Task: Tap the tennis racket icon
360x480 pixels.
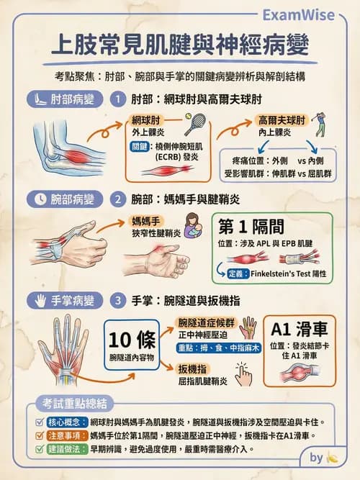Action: [194, 125]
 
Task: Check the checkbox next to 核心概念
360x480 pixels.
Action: [40, 422]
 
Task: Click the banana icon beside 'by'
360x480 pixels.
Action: [332, 457]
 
